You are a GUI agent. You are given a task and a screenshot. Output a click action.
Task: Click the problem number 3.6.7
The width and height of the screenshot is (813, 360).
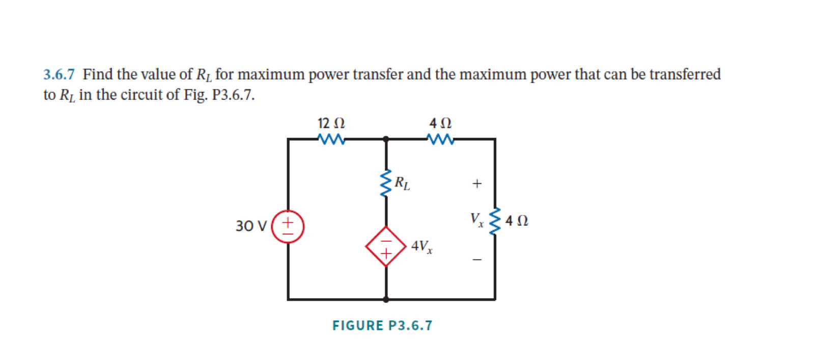pos(59,74)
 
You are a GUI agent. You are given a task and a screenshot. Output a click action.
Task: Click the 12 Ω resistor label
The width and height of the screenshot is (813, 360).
pos(331,123)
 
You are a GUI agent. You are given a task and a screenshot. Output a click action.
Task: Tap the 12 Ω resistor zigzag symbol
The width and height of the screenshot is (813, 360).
pos(331,139)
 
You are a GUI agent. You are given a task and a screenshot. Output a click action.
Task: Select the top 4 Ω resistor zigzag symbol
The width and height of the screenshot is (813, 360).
pos(440,139)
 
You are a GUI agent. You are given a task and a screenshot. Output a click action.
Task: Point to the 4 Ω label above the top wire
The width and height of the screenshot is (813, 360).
pos(440,123)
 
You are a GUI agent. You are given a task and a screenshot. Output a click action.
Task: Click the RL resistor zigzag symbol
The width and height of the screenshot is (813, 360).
pos(386,184)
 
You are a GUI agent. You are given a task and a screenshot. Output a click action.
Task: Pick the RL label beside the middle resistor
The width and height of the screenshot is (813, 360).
pos(402,183)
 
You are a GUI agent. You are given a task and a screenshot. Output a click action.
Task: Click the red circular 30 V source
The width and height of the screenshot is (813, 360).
pos(288,226)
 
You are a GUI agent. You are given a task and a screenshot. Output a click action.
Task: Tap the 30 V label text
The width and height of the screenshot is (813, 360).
pos(251,226)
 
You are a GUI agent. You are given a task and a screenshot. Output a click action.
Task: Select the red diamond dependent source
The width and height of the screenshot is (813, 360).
pos(386,246)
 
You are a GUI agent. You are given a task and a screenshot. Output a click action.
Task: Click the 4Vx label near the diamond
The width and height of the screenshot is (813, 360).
pos(422,247)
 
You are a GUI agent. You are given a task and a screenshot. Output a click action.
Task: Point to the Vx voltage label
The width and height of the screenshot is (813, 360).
pos(477,220)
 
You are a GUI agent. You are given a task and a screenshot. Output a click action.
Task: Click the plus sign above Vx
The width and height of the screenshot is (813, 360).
pos(476,184)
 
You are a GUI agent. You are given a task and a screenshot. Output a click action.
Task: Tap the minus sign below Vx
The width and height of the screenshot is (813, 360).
pos(476,260)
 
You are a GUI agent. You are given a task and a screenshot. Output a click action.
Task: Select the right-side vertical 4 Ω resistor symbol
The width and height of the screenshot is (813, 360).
pos(494,221)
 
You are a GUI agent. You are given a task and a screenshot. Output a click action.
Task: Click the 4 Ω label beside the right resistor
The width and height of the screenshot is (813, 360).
pos(517,221)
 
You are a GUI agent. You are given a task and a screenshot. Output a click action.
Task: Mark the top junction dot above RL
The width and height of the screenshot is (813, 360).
pos(386,139)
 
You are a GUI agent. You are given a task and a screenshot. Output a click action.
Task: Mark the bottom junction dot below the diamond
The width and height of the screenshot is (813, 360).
pos(386,299)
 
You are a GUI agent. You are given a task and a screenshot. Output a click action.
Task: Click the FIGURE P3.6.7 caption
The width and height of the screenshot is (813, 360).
pos(382,325)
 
